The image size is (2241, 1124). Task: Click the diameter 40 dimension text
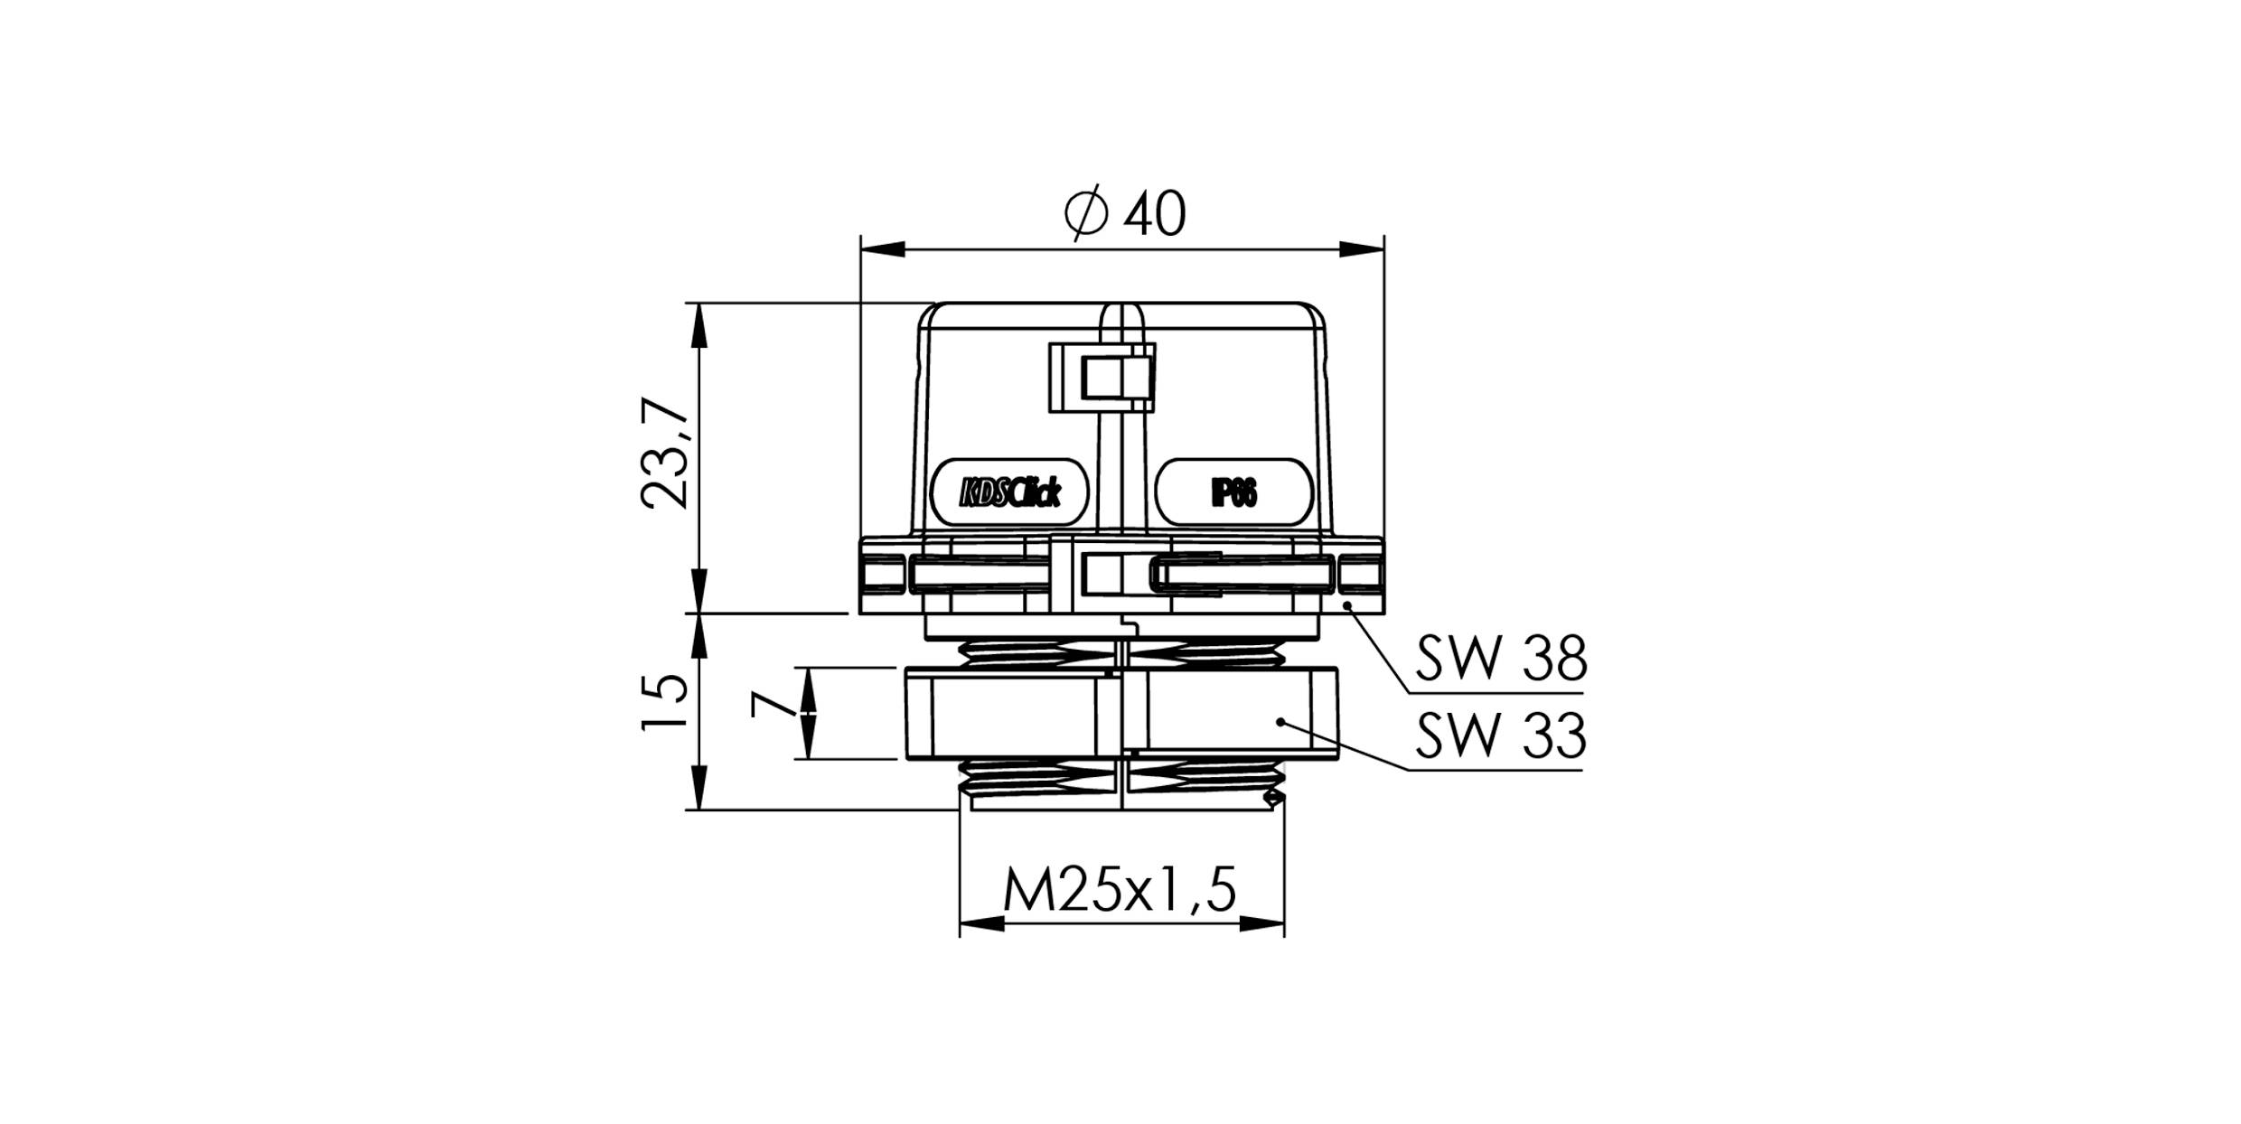click(1125, 215)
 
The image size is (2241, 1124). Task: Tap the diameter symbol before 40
click(1085, 214)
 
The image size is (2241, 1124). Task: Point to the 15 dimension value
click(666, 703)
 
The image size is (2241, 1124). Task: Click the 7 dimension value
click(765, 705)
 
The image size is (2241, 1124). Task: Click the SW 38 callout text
click(1500, 660)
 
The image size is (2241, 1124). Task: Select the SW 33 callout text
click(1500, 736)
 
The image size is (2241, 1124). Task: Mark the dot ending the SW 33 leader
click(1280, 721)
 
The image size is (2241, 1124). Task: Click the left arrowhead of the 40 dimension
click(882, 249)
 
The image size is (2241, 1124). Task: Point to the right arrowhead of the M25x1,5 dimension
click(1262, 923)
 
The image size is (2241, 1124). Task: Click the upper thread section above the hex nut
click(1120, 652)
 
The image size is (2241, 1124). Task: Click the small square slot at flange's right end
click(1360, 575)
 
